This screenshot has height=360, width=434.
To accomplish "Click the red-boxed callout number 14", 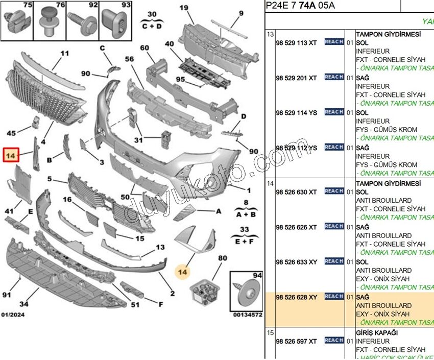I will [11, 155].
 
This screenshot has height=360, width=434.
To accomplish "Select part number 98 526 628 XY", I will [296, 297].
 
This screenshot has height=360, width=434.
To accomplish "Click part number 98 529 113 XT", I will [296, 43].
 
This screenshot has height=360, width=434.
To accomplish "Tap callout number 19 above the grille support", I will [184, 7].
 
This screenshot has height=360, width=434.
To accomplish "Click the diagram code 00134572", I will [248, 315].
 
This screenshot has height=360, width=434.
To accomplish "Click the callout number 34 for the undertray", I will [23, 304].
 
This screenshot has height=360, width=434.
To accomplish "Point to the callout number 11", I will [64, 53].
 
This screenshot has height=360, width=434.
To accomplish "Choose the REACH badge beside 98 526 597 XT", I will [334, 340].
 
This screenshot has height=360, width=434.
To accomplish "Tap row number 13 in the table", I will [271, 34].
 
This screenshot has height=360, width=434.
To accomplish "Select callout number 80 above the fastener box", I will [222, 258].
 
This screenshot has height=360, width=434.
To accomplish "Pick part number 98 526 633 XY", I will [296, 262].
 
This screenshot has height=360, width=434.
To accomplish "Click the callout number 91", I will [7, 295].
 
